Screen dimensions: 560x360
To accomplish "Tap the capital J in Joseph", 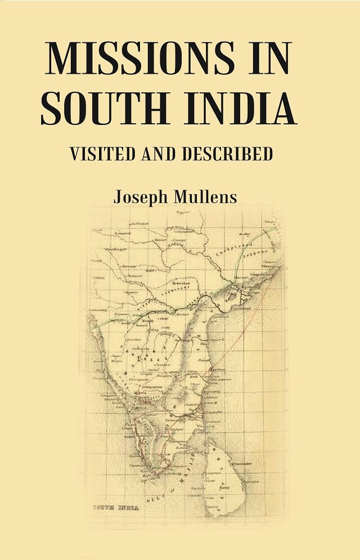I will click(118, 198).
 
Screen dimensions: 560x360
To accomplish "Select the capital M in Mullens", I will click(181, 198).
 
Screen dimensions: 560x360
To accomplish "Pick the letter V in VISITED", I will click(74, 154).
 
